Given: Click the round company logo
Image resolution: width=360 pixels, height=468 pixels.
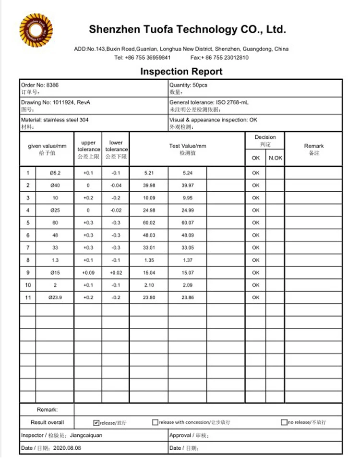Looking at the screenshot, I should point(36,30).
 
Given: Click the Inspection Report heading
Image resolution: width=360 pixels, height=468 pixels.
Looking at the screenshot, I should point(181,72).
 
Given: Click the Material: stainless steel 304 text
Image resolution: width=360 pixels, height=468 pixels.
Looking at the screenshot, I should point(55,120).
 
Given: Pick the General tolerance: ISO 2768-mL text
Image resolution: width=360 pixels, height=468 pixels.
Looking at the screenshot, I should point(209,102).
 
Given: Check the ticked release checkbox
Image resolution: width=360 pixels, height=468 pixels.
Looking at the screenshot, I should point(96,423).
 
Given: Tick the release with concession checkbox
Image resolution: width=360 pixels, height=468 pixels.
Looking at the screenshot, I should point(155,423).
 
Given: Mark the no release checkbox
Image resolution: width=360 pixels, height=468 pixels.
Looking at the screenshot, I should point(284,423).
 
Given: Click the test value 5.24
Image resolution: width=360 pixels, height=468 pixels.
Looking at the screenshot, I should point(187,173).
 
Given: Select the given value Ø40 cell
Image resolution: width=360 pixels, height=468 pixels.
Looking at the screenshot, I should point(55,185).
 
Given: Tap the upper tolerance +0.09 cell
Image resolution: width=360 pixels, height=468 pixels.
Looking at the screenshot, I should point(88,273).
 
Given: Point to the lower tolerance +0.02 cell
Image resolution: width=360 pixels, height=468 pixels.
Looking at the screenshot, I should point(116,273).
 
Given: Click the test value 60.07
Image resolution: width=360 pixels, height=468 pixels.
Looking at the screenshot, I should point(187,223).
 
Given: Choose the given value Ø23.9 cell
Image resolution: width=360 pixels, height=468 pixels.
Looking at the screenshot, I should point(55,298).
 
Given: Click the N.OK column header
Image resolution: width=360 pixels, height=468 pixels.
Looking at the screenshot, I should point(275,158).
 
